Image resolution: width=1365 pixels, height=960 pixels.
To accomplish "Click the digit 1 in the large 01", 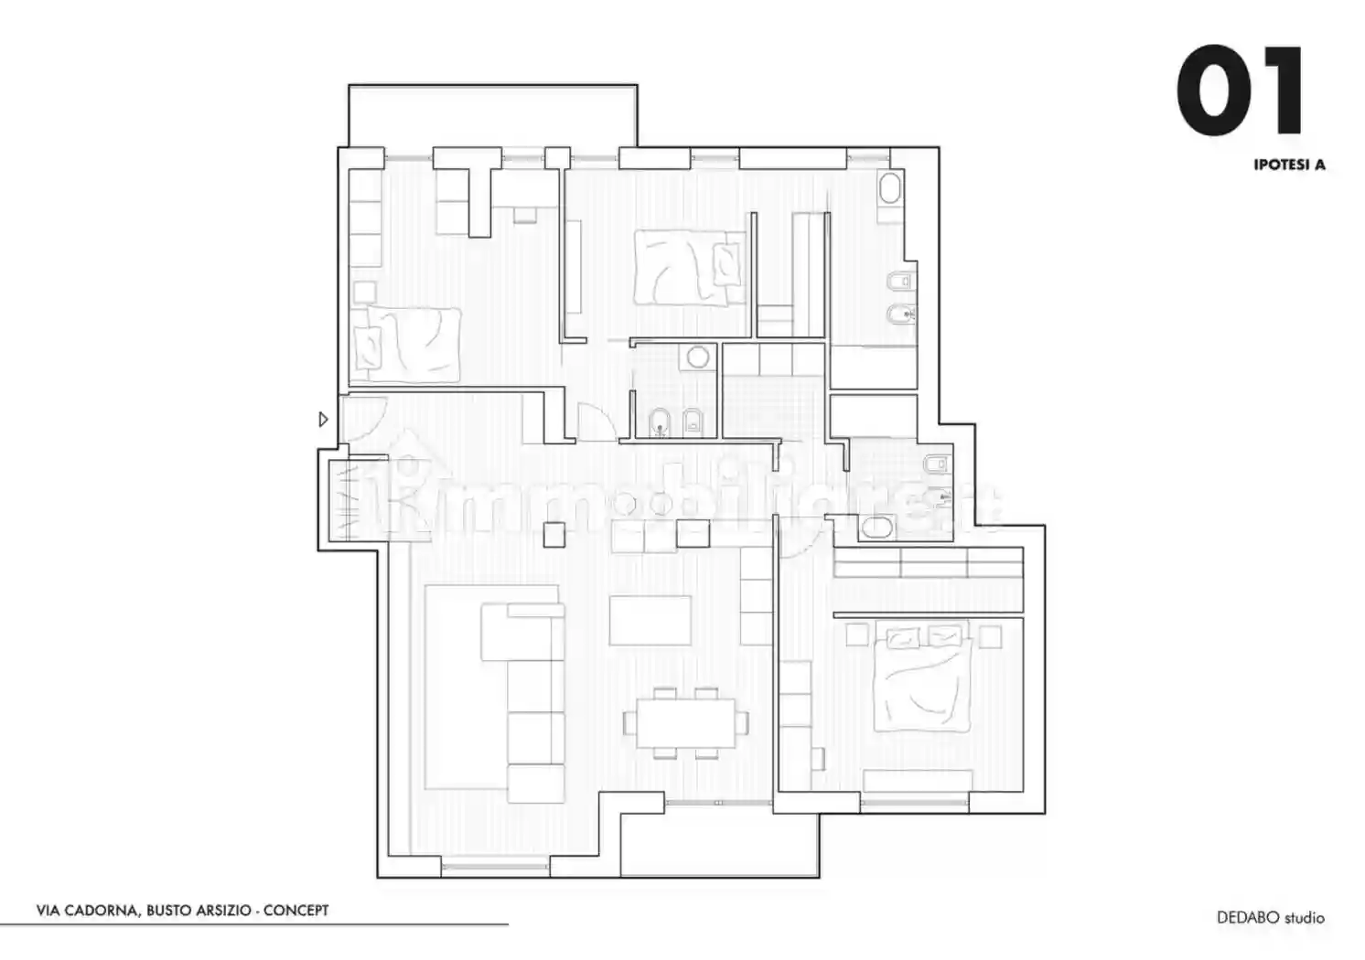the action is [1281, 91].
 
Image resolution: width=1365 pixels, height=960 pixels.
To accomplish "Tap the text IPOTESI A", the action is [1289, 165].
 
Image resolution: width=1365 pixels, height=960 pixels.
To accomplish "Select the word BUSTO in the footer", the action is [169, 911].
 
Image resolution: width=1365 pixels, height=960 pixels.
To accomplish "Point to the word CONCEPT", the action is [296, 911].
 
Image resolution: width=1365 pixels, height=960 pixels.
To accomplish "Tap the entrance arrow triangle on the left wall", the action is [324, 419].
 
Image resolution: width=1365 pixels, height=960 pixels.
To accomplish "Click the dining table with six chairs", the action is [685, 723].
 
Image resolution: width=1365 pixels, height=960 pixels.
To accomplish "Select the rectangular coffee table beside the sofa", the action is [650, 621].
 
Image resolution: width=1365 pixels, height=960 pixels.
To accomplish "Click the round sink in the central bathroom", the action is [698, 357].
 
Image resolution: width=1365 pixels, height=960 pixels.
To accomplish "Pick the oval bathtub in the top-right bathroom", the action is [890, 187].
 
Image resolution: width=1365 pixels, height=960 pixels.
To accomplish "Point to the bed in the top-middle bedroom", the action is [689, 267].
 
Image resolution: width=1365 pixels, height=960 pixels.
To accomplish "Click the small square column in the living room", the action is [554, 535].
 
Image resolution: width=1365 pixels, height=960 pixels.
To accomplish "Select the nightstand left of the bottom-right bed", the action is [857, 635].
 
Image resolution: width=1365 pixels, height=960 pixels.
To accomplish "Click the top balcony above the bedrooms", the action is [493, 116].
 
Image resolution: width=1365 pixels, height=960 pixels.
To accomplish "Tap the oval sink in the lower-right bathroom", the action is [876, 528].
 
